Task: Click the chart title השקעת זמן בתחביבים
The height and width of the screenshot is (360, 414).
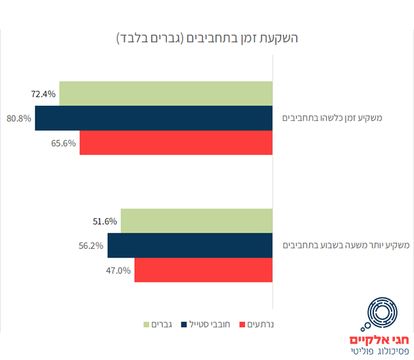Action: pos(207,37)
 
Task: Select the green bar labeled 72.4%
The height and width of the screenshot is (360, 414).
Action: pos(166,93)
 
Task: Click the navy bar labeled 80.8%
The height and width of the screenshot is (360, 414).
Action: pos(154,118)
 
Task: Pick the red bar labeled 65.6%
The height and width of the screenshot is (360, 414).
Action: pos(175,143)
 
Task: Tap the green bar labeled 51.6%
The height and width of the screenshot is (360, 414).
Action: pos(196,221)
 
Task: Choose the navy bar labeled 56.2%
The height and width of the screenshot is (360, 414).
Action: pos(190,245)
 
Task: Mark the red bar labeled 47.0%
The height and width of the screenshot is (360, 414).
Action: pos(203,269)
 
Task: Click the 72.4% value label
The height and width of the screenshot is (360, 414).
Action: pos(43,94)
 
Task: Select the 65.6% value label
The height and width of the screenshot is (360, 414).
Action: pos(63,143)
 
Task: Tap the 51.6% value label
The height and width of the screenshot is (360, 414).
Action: pos(104,221)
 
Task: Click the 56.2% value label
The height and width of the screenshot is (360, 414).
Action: pos(91,246)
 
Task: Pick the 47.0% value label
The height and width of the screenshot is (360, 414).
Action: pos(118,270)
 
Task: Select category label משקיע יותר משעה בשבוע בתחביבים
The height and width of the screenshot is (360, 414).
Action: pos(346,245)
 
